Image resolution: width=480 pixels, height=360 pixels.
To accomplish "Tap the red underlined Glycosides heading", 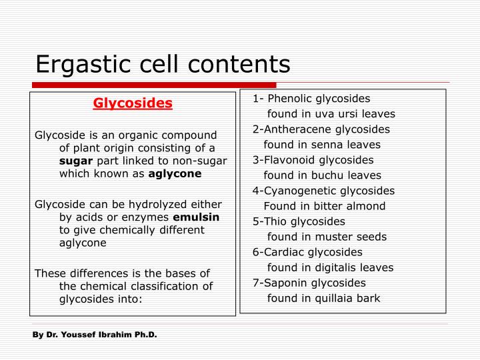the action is (133, 103).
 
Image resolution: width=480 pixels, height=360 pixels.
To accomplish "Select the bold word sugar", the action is (76, 161).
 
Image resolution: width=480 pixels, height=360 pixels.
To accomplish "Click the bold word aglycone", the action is (175, 174).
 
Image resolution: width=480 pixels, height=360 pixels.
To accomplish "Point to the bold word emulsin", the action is (196, 217).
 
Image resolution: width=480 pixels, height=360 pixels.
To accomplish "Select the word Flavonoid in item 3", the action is (289, 160).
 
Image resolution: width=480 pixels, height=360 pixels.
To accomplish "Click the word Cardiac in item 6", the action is (284, 252).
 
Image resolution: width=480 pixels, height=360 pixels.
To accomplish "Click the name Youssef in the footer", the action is (79, 335).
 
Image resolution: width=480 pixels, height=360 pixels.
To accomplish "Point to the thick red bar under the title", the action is (154, 85).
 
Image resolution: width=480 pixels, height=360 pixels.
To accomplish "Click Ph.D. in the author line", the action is (146, 335).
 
